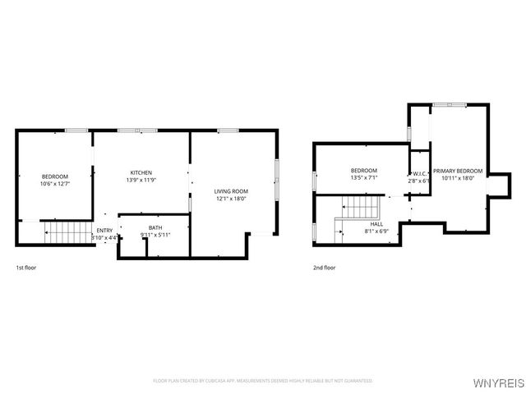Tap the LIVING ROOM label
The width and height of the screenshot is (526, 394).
click(231, 191)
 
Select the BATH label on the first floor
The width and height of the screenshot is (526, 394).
click(155, 227)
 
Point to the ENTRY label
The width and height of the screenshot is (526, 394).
click(104, 231)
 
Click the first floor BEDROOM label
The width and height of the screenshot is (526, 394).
click(55, 176)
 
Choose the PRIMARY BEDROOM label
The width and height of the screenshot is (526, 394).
click(458, 171)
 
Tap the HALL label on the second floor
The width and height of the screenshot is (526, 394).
click(376, 223)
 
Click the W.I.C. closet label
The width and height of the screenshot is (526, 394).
click(419, 174)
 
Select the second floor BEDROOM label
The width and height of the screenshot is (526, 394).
click(363, 170)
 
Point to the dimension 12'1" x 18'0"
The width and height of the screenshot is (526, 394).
click(231, 199)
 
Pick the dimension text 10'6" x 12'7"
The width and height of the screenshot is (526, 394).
click(55, 184)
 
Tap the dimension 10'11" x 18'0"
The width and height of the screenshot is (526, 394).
click(458, 178)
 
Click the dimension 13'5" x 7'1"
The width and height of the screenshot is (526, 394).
click(363, 177)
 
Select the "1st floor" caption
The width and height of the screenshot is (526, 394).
click(26, 268)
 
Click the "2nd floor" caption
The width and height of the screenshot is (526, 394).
click(324, 268)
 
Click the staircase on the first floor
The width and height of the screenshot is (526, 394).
click(67, 233)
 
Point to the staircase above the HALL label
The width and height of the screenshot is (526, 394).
click(362, 207)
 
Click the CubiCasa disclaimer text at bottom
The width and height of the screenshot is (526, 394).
click(263, 381)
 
